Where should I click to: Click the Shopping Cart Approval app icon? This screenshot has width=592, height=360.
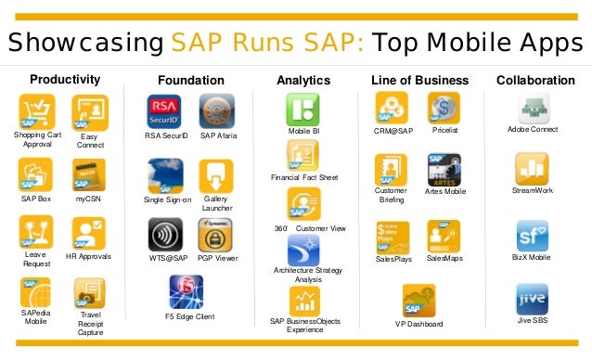pos(37,112)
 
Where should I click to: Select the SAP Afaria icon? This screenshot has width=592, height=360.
pos(217,111)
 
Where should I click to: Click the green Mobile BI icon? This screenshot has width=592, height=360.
pos(303,110)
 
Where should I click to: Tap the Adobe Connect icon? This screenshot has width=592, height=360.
pos(533,108)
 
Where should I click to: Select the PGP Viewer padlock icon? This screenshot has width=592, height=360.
pos(215,235)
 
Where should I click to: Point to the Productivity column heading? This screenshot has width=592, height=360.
pos(65,80)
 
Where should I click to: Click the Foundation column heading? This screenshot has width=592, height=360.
pos(191,81)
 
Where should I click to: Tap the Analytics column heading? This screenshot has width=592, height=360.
pos(303,81)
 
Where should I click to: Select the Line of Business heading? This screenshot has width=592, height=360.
pos(419,81)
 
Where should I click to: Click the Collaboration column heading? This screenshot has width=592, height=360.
pos(535,81)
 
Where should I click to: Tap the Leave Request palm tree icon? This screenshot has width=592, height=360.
pos(36,232)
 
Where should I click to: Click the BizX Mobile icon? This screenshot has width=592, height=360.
pos(533,235)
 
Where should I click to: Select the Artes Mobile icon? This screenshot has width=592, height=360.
pos(444,171)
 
